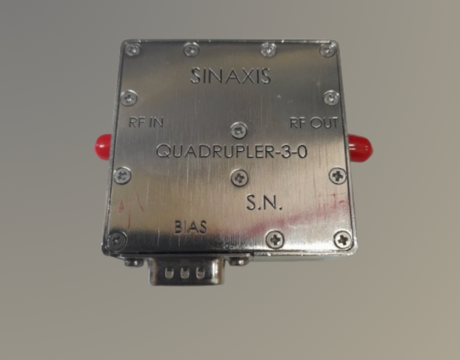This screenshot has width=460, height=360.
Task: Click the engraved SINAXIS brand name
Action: pos(230,76)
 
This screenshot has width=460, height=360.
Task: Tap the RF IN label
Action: pos(146,122)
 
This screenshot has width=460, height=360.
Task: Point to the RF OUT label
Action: pos(314,123)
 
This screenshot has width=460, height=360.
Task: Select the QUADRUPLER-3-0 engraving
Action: pos(232,152)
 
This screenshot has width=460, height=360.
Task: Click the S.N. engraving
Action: pos(264,202)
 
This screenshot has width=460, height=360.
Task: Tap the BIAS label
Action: pos(191,227)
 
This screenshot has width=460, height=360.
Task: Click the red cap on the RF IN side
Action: pos(103,147)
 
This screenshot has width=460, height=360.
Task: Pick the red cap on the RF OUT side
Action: pos(360,148)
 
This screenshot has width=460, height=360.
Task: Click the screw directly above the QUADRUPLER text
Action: pos(239,130)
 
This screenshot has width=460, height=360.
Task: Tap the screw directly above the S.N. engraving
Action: pos(240,178)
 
